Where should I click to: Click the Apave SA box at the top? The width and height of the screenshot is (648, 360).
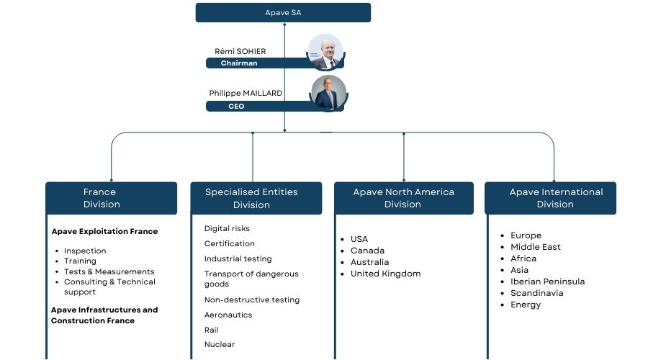coord(283,13)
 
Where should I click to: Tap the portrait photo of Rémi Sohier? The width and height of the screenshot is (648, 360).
coord(325,52)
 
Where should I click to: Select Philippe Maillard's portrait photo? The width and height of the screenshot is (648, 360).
coord(328,94)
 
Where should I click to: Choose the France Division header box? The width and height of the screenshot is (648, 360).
coord(111,198)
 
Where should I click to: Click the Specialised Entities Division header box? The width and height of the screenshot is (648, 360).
coord(256,198)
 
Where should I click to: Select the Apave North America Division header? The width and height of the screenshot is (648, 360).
coord(403,198)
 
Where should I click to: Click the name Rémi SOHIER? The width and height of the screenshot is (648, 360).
coord(240,51)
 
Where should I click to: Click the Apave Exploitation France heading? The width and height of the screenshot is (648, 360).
coord(104,232)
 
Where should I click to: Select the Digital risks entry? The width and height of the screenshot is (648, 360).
coord(227,229)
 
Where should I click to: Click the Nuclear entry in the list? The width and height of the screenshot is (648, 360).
coord(220,345)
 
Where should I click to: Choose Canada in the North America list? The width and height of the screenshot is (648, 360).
coord(367,251)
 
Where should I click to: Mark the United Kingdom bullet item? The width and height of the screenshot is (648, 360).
coord(385,274)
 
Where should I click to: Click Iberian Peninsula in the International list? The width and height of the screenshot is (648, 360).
coord(547,282)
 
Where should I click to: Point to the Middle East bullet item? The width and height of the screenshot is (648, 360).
coord(535,247)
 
